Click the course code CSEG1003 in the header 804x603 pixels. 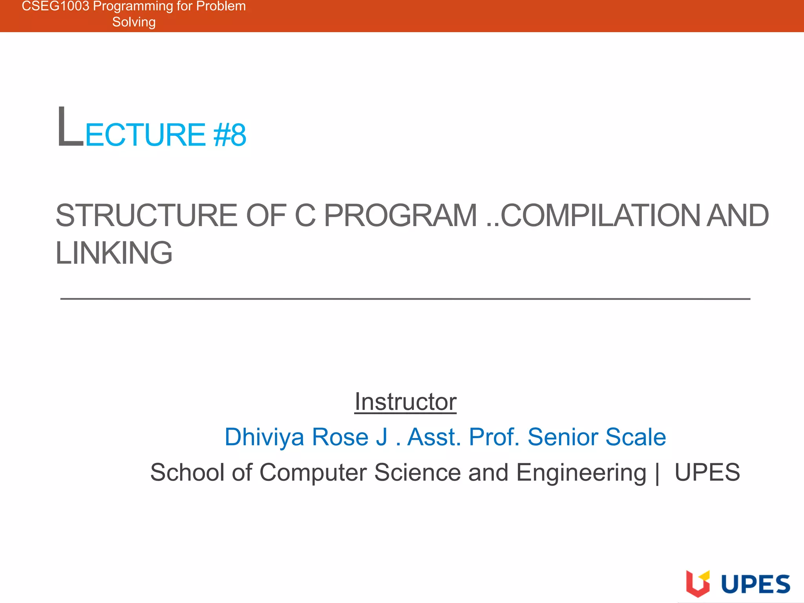coord(55,6)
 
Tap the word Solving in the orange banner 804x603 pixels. coord(134,22)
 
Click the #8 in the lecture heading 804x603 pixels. coord(230,135)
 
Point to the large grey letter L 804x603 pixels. coord(70,128)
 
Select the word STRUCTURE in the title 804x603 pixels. coord(146,216)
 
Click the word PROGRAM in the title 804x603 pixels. coord(400,216)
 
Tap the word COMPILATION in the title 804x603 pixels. coord(600,216)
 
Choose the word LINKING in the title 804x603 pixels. coord(114,253)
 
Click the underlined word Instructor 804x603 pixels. coord(406,402)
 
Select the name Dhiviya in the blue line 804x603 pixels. coord(264,437)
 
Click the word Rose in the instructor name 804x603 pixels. coord(340,437)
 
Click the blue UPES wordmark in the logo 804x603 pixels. coord(756,584)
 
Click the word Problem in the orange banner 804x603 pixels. coord(221,6)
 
